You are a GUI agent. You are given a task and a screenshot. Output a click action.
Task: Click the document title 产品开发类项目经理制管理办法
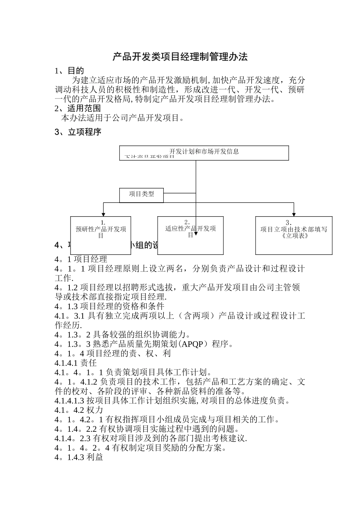180,57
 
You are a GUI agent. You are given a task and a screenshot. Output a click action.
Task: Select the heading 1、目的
69,71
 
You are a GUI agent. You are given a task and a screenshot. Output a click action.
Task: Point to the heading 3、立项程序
78,132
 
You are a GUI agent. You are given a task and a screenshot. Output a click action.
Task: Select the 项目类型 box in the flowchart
141,195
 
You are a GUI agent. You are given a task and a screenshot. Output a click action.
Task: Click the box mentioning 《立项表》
294,235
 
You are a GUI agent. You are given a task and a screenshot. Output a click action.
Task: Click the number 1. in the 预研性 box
103,223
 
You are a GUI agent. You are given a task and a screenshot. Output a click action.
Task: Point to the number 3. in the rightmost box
288,223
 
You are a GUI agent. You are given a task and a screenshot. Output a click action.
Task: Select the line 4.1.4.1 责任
76,363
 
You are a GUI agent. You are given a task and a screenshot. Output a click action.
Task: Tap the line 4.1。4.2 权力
79,410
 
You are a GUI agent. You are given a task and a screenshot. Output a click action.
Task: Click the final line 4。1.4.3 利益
79,457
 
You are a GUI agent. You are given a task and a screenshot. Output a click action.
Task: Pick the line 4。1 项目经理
81,259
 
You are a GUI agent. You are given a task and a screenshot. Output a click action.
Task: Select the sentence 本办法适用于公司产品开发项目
122,118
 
